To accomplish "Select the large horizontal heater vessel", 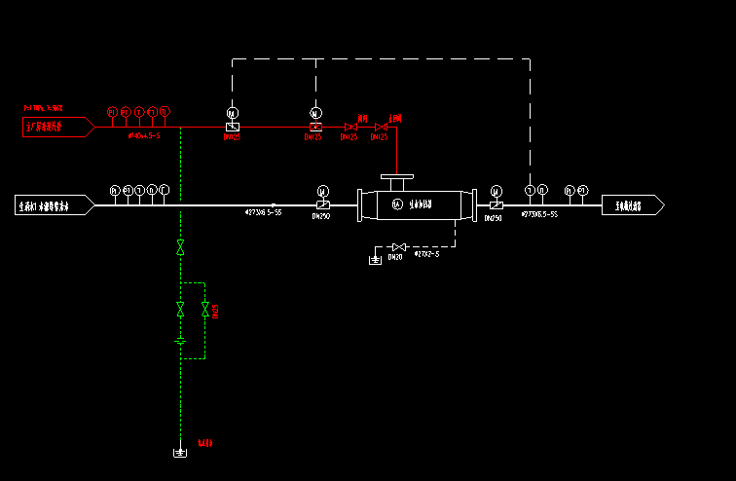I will click(x=416, y=204).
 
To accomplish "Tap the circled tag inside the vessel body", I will click(x=396, y=204).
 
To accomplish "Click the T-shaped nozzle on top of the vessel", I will click(x=396, y=181).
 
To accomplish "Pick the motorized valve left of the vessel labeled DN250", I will click(x=323, y=204).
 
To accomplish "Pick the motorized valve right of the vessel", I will click(x=496, y=204).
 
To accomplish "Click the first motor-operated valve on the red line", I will click(x=232, y=127).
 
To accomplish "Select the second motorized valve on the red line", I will click(x=315, y=127).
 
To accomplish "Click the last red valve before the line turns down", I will click(x=381, y=127).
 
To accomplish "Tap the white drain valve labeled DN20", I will click(x=396, y=245).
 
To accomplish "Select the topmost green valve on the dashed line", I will click(x=180, y=248).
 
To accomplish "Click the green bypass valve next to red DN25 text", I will click(x=204, y=310).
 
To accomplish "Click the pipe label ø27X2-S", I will click(x=426, y=255).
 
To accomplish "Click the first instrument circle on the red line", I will click(x=112, y=111).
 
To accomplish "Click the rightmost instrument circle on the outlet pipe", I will click(x=583, y=190).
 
